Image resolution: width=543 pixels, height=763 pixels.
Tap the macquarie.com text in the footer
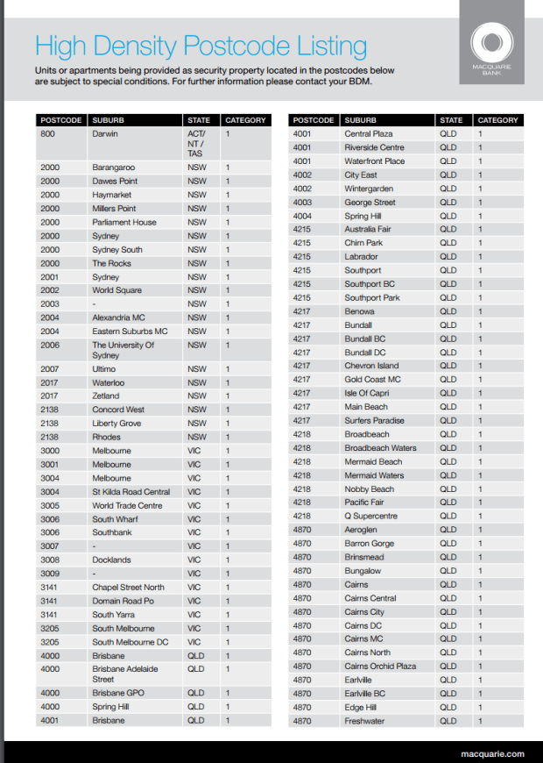492,753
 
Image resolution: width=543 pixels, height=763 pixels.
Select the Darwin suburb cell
105,134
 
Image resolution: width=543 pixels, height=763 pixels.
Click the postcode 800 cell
47,134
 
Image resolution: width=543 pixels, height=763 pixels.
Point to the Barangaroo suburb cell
112,168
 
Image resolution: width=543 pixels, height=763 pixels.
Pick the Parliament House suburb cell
124,222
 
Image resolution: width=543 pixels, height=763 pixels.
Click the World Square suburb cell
116,290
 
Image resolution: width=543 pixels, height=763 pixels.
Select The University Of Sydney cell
123,350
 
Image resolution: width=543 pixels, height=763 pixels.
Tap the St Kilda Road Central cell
131,492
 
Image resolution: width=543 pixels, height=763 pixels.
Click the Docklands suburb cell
111,560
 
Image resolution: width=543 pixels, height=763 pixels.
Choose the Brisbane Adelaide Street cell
125,674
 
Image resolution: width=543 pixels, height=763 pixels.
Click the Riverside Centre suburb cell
374,148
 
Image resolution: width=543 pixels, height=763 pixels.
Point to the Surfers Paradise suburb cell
374,420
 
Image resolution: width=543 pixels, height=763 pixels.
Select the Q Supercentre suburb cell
370,516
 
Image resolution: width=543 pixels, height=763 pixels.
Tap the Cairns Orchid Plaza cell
380,666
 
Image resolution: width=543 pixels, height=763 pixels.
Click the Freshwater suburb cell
364,721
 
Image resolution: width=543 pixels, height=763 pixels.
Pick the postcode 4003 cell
302,203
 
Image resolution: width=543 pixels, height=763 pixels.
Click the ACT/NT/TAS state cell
196,143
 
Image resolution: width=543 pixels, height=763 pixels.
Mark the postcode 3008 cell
50,560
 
